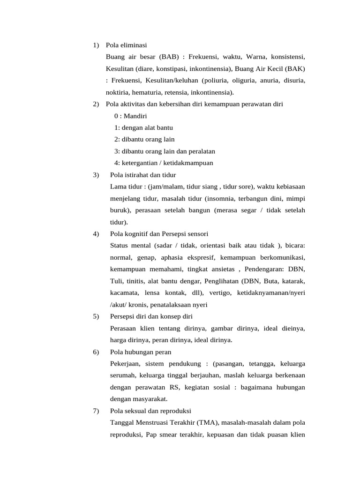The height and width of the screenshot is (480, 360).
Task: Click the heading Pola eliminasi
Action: (126, 45)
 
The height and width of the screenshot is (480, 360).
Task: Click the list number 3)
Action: (96, 175)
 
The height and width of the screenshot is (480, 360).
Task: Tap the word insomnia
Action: (220, 198)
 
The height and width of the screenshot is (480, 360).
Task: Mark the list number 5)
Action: (96, 316)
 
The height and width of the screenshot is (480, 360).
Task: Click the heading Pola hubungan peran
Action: (141, 352)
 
